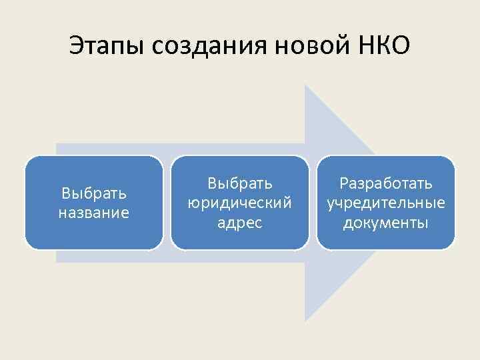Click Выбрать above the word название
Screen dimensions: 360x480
coord(94,194)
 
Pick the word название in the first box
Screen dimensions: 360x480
coord(94,213)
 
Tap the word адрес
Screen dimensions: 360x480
coord(239,222)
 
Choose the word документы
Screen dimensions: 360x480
coord(385,222)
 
